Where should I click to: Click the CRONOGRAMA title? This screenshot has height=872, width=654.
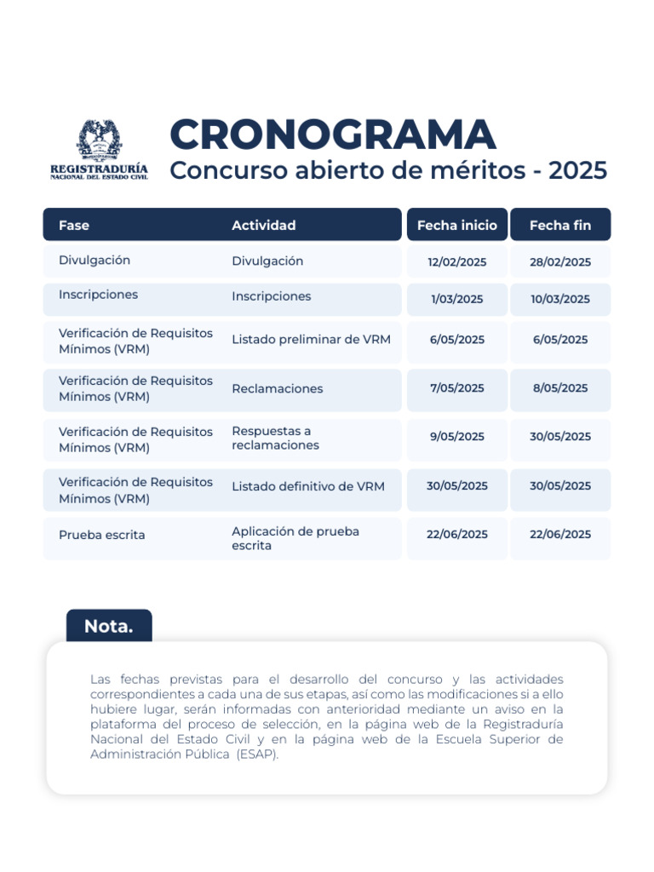click(332, 135)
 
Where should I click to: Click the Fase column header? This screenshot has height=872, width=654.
click(74, 226)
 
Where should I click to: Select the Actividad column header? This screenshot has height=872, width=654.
click(264, 226)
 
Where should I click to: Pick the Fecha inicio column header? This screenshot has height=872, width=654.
click(457, 226)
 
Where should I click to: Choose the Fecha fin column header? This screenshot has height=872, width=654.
click(560, 226)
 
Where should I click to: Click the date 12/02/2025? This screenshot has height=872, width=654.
click(457, 262)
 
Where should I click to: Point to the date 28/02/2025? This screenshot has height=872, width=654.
click(560, 262)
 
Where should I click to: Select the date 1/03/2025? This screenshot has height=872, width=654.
click(457, 299)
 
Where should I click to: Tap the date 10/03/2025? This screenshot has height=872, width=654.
click(560, 299)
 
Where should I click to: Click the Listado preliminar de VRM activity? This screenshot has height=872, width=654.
click(311, 340)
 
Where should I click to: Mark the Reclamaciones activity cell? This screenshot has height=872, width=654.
click(278, 389)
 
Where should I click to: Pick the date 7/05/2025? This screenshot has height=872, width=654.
click(457, 388)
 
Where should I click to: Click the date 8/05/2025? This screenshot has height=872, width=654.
click(560, 388)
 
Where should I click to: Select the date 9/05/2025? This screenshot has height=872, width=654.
click(457, 437)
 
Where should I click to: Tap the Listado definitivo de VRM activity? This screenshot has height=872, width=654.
click(308, 487)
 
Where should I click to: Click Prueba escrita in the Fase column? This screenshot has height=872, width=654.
click(102, 536)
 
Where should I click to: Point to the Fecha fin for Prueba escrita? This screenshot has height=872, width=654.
click(560, 535)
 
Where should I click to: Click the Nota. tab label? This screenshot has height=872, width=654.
click(109, 627)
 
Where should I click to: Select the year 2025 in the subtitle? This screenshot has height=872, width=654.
click(578, 171)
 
